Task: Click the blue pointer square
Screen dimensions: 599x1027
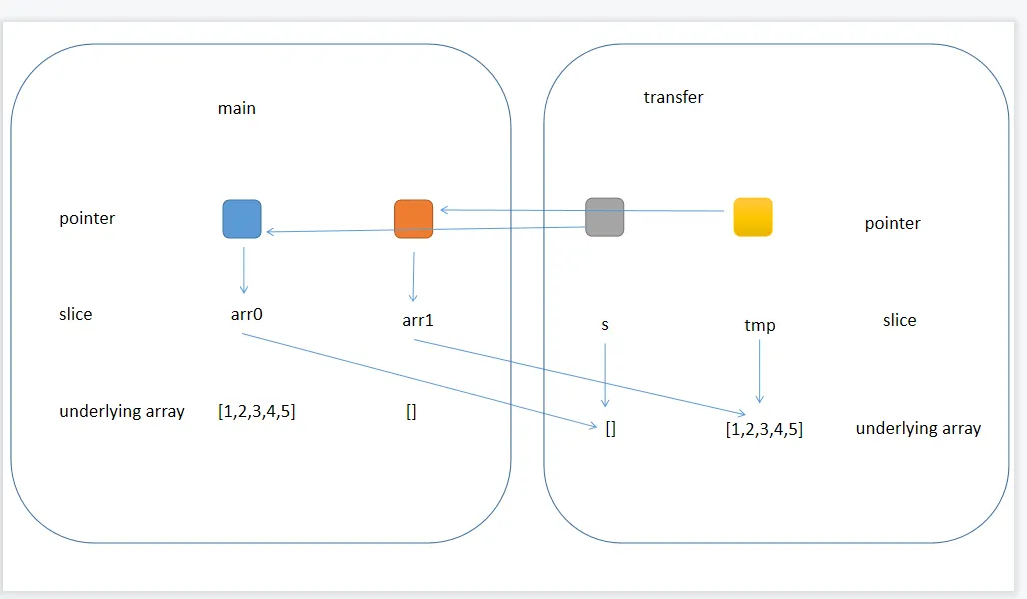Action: (242, 219)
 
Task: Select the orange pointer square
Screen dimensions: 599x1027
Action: (413, 219)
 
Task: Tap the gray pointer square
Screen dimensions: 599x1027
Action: (604, 217)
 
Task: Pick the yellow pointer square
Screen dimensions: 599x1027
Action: (753, 217)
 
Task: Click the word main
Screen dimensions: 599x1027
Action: (237, 108)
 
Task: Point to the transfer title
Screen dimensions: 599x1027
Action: (673, 97)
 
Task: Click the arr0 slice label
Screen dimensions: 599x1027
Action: (246, 314)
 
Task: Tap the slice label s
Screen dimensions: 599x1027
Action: (605, 325)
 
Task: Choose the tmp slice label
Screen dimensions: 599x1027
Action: (759, 325)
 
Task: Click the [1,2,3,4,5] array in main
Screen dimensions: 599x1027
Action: (256, 411)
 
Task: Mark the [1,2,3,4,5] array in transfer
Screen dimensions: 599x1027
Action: (764, 430)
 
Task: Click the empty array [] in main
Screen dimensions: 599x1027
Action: (411, 412)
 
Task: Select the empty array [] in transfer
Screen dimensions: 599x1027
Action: (611, 429)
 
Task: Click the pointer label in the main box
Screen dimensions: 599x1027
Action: (87, 218)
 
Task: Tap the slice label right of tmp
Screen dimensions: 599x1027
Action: (899, 320)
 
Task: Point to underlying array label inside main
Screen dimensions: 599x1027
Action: (122, 411)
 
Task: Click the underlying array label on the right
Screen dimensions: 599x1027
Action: (918, 429)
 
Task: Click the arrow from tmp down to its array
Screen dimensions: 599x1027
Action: (760, 371)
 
